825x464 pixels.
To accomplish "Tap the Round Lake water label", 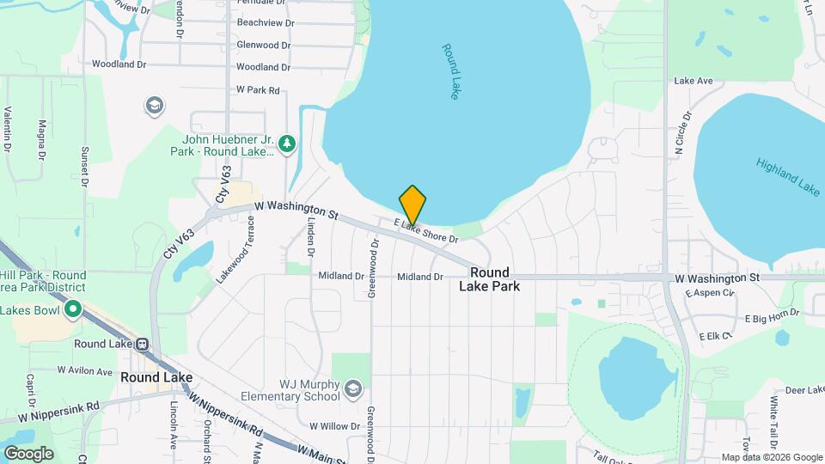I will point(451,71).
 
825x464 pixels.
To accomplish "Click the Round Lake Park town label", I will point(489,279).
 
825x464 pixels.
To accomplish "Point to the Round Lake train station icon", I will point(143,344).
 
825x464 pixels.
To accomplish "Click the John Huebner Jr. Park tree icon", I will point(289,142).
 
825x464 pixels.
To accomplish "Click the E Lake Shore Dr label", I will point(426,230).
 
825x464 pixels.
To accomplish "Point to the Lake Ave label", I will point(694,81).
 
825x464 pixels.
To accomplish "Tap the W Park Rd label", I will point(258,89).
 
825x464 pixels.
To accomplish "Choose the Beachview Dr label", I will point(265,23).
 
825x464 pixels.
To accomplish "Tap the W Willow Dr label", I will point(334,426).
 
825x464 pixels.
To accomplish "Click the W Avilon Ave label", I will point(85,371).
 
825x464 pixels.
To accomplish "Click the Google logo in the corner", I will point(28,453).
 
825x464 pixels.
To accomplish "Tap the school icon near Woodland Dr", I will point(155,106).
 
